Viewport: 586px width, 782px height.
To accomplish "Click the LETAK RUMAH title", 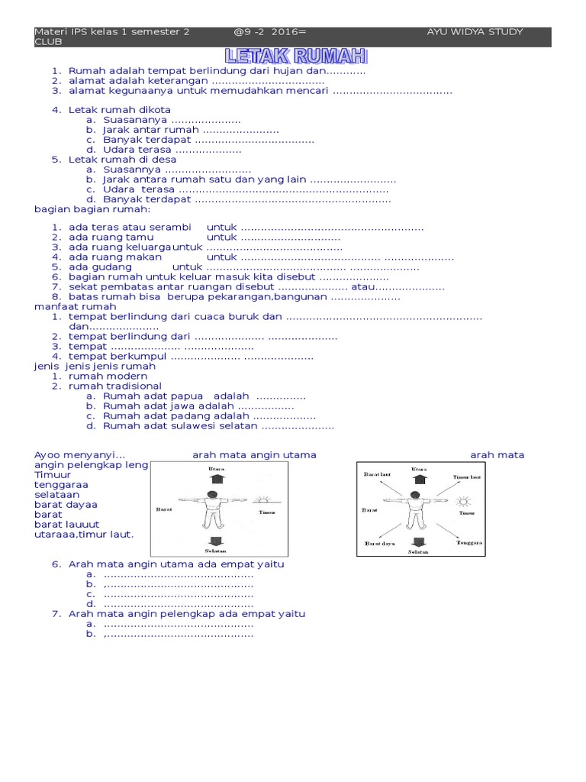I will (x=296, y=56).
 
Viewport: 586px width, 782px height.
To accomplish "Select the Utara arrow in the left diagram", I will (x=217, y=479).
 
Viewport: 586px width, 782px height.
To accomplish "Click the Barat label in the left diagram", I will (x=163, y=507).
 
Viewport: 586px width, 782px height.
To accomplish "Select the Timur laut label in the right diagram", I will (x=467, y=477).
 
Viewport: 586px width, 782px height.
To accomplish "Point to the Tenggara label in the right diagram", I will (x=470, y=543).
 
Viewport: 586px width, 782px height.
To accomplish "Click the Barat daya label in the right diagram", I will (x=379, y=544).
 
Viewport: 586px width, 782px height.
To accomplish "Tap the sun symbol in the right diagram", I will (x=463, y=502).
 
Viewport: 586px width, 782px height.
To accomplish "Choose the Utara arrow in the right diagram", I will (x=418, y=479).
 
